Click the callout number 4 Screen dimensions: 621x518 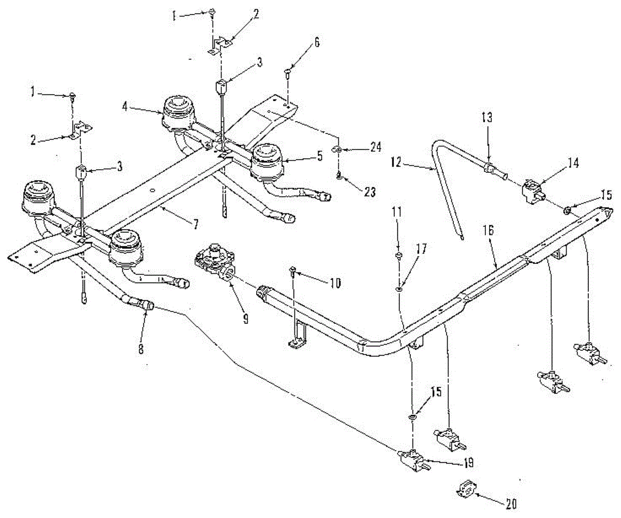[125, 107]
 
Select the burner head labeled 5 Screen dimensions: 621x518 [267, 162]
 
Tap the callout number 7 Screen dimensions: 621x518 [196, 224]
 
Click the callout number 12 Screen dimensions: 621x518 [396, 162]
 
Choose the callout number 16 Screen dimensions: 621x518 [489, 230]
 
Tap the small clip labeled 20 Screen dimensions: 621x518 [466, 489]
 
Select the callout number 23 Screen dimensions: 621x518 [369, 192]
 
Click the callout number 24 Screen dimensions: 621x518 [375, 147]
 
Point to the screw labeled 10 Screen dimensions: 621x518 [293, 272]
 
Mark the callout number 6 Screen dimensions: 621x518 [317, 43]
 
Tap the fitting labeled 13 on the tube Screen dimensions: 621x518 [490, 168]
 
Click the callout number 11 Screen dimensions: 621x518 [396, 212]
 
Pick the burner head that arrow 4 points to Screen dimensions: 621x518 [179, 114]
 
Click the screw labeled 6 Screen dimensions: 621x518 [288, 72]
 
